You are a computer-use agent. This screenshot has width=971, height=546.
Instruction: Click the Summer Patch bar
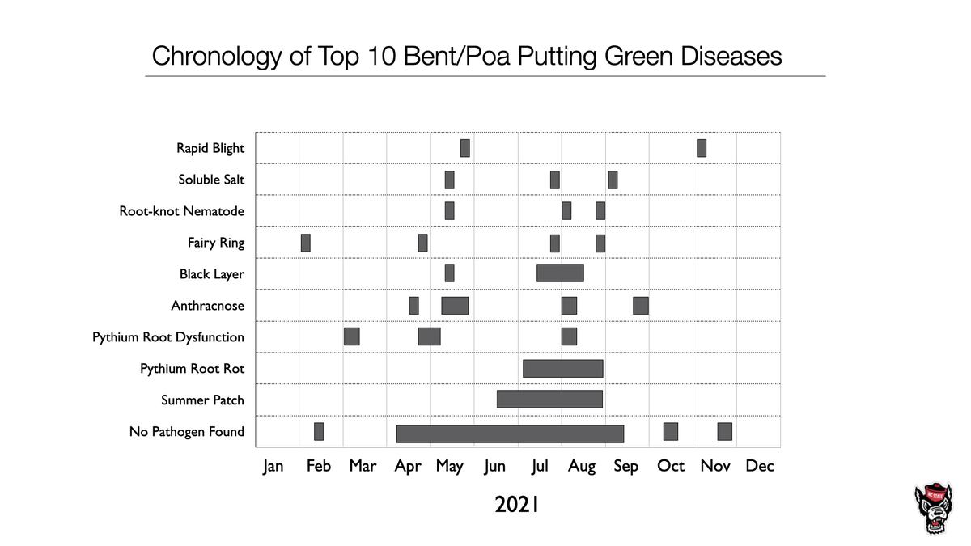[x=549, y=400]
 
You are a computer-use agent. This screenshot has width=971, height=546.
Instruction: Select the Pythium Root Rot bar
[x=563, y=369]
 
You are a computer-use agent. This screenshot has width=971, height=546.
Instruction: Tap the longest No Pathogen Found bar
[x=510, y=434]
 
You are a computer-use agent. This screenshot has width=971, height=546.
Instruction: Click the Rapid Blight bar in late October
[x=702, y=148]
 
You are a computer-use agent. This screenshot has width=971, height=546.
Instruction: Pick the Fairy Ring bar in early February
[x=305, y=243]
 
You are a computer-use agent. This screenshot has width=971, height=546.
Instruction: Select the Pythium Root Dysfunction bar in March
[x=351, y=336]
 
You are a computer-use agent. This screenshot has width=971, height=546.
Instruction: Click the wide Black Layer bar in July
[x=560, y=273]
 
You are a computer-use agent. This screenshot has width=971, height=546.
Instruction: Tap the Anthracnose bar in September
[x=641, y=306]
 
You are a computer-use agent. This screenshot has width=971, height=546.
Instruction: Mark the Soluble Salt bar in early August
[x=613, y=180]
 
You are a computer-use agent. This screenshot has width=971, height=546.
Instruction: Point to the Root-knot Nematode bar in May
[x=449, y=211]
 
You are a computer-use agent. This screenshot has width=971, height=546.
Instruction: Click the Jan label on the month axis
[x=273, y=466]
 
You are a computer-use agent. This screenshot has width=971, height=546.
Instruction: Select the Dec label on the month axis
[x=760, y=466]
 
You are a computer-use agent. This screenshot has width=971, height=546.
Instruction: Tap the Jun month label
[x=494, y=466]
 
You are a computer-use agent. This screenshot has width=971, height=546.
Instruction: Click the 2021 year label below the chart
[x=517, y=506]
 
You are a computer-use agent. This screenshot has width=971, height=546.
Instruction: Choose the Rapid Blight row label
[x=210, y=148]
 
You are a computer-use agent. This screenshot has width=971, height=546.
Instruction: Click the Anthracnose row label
[x=207, y=306]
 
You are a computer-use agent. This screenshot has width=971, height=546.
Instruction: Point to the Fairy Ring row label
[x=215, y=243]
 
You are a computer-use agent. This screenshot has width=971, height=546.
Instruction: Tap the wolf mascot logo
[x=934, y=509]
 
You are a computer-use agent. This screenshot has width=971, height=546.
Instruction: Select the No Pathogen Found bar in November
[x=724, y=432]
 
